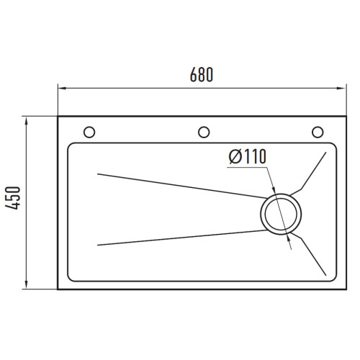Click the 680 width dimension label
click(x=202, y=75)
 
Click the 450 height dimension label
click(x=13, y=198)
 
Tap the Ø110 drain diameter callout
click(x=248, y=156)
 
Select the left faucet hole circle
click(x=89, y=132)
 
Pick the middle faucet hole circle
click(x=204, y=132)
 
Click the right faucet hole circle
click(x=318, y=132)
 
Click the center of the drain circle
click(x=281, y=214)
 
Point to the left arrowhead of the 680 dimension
click(x=62, y=88)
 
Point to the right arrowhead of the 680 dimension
click(x=342, y=88)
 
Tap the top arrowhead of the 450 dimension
click(x=27, y=121)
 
